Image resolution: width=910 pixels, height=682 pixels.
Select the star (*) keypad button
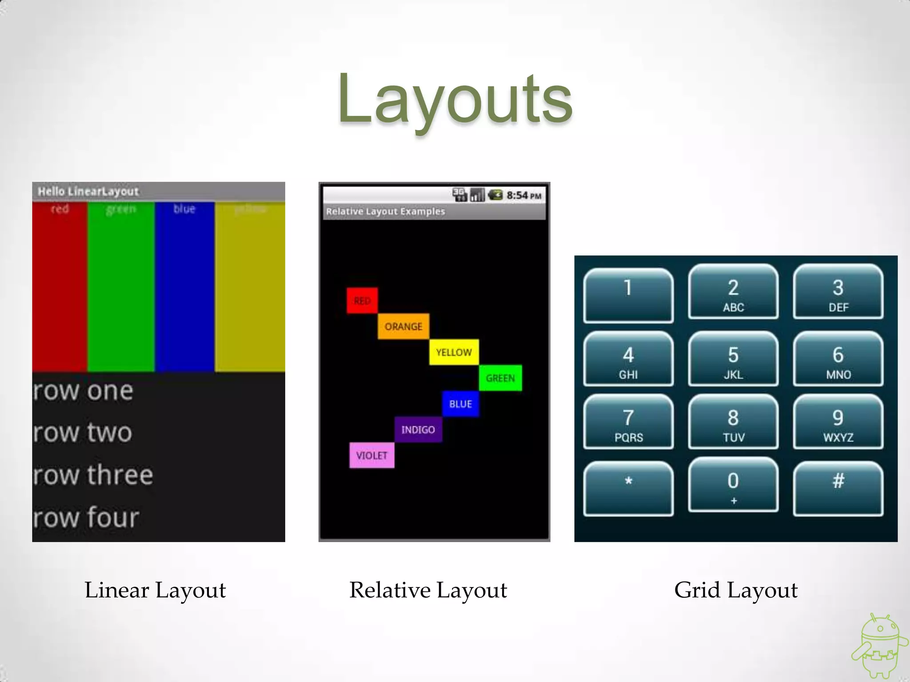click(x=628, y=488)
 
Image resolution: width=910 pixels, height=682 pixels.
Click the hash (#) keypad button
click(x=838, y=488)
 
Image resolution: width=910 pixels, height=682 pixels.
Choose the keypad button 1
click(x=628, y=295)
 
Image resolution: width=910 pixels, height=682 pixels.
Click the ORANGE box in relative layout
click(x=403, y=326)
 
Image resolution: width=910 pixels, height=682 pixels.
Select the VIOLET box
click(x=372, y=455)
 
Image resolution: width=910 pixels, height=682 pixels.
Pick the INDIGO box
click(x=418, y=429)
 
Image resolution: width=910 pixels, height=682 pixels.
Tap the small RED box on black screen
click(x=362, y=301)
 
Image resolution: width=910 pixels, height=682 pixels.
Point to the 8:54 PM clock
click(x=523, y=195)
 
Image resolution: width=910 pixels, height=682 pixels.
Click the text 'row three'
click(x=93, y=475)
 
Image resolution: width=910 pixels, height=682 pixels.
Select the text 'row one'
click(x=84, y=391)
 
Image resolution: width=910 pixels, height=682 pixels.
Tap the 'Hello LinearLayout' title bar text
click(x=88, y=191)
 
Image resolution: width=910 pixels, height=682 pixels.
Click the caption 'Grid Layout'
click(x=736, y=590)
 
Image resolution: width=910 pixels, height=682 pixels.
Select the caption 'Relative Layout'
click(x=428, y=590)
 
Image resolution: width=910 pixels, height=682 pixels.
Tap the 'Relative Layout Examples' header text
click(x=385, y=211)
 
